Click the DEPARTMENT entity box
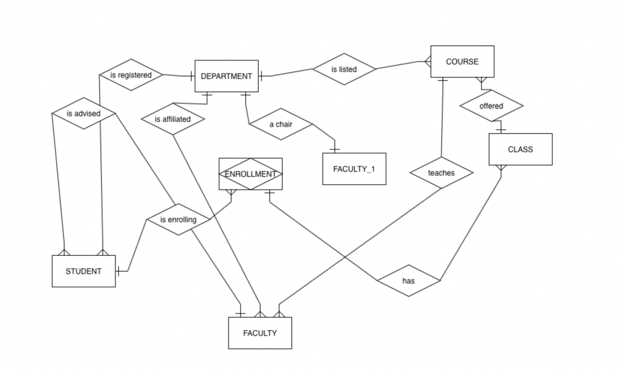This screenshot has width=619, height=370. click(226, 76)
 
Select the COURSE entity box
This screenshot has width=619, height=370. click(462, 62)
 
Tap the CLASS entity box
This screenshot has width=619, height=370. click(520, 149)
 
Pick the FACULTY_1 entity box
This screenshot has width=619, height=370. click(354, 169)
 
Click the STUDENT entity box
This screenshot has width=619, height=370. click(83, 271)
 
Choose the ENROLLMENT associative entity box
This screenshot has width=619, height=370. click(250, 174)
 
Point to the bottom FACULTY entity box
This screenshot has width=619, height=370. click(260, 333)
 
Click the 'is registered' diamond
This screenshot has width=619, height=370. click(131, 75)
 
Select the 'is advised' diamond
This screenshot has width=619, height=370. click(83, 113)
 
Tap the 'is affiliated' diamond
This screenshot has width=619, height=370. click(172, 119)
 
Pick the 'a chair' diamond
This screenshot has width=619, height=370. click(280, 124)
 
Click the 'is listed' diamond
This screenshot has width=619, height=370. click(344, 69)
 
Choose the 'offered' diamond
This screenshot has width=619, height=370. click(491, 106)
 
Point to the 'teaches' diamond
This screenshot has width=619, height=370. click(441, 173)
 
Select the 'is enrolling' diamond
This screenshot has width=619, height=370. click(178, 220)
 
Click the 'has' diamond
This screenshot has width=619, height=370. click(408, 281)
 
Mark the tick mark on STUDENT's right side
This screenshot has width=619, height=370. click(119, 271)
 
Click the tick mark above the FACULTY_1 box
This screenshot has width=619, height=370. click(334, 148)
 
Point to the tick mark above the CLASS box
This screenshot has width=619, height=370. click(501, 129)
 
